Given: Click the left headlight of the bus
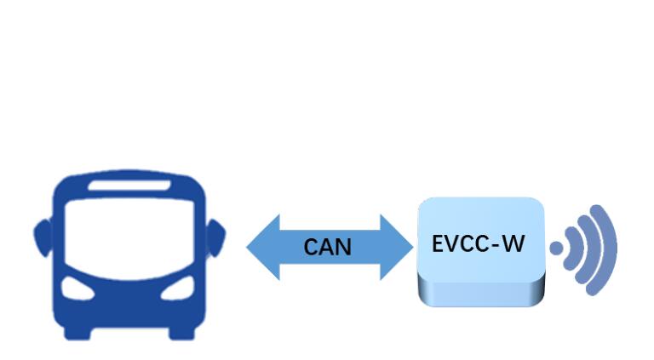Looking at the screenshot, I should [79, 290].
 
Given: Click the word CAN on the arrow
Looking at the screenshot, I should [328, 248].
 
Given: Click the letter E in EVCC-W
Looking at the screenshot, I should [439, 243].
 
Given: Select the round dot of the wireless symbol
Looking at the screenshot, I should [556, 249].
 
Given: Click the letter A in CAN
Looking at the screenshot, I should [328, 248].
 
